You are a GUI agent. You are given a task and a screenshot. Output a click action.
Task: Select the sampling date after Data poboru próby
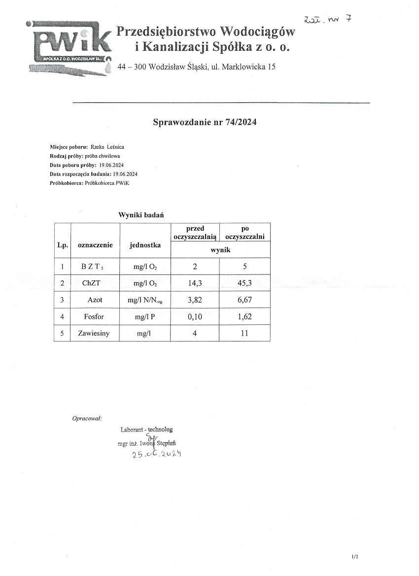(111, 165)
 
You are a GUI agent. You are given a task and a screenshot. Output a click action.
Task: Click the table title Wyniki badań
(141, 215)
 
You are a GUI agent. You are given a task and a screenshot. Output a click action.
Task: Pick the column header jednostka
(145, 245)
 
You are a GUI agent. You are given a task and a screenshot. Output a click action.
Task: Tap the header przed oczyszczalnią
(195, 233)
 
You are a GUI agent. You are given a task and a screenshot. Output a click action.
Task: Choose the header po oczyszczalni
(244, 233)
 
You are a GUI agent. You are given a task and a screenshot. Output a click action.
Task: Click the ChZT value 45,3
(244, 283)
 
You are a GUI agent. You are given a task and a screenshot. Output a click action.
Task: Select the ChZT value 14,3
(195, 283)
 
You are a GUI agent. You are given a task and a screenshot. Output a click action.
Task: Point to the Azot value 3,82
(195, 300)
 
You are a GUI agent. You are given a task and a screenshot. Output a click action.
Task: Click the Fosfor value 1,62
(244, 316)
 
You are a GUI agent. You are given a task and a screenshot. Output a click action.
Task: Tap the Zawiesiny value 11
(244, 333)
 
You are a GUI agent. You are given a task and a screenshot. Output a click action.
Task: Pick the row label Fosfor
(94, 316)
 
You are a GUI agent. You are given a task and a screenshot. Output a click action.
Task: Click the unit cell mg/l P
(145, 317)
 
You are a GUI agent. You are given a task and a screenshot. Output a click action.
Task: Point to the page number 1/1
(355, 556)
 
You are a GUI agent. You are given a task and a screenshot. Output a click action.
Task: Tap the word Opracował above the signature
(87, 418)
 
